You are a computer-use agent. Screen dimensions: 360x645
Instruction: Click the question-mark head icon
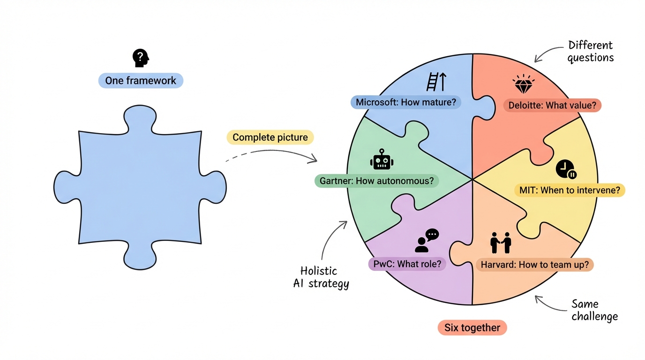(141, 58)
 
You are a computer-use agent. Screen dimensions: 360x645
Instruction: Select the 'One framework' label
(141, 81)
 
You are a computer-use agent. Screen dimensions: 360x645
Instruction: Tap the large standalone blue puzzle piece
(140, 187)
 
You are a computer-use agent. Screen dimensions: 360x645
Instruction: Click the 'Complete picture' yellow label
(270, 137)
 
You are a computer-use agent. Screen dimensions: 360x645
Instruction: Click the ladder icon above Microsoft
(436, 82)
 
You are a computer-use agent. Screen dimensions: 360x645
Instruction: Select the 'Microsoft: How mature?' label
(406, 102)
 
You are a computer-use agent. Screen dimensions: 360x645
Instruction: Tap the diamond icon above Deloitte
(524, 85)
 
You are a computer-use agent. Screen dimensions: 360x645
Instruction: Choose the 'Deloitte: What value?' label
(552, 105)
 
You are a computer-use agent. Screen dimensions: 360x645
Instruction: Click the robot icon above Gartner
(382, 159)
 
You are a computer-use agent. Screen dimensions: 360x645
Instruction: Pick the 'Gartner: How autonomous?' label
(376, 180)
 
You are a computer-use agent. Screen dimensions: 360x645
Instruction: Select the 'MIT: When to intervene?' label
(570, 190)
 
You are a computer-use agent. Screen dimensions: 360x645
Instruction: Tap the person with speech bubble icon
(427, 240)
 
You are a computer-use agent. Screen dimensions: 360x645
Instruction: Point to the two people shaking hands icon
(500, 242)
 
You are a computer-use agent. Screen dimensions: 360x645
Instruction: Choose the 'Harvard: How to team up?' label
(535, 265)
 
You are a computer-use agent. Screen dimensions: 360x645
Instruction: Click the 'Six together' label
(472, 328)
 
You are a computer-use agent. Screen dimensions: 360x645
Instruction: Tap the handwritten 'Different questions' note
(590, 52)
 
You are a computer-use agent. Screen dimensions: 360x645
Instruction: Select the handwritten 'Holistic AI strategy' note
(321, 277)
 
